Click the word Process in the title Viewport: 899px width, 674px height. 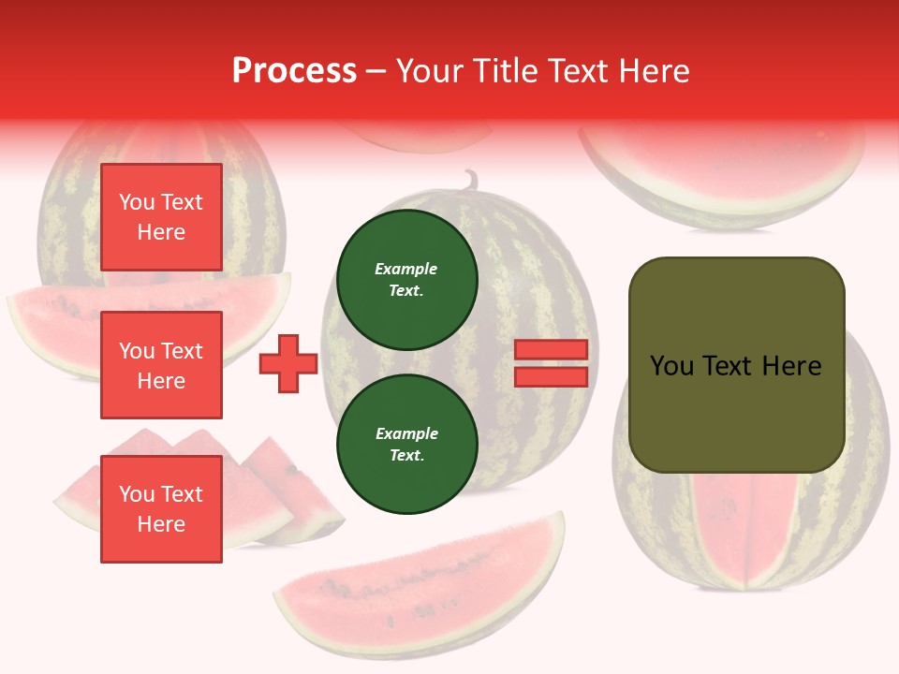coord(294,71)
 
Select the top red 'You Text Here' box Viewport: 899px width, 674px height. coord(161,217)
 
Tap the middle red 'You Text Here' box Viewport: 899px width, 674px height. coord(161,365)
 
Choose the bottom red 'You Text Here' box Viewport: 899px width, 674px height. coord(161,508)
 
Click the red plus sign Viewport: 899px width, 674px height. coord(288,364)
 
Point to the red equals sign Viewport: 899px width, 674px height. coord(551,363)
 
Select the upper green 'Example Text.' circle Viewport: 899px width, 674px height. coord(406,280)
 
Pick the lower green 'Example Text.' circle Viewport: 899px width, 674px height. coord(406,445)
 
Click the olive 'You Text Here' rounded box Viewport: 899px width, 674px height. coord(736,365)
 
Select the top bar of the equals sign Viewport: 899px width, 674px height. coord(551,349)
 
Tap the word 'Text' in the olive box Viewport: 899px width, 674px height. coord(735,366)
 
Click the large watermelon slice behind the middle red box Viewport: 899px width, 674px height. coord(56,323)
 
